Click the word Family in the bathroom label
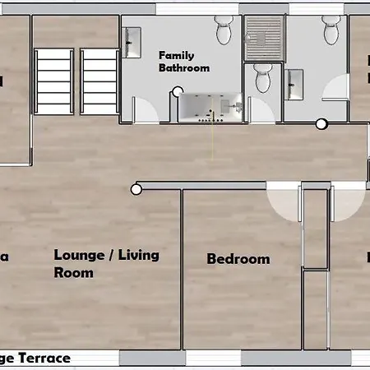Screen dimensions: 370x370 175,55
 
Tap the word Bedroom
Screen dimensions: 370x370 238,259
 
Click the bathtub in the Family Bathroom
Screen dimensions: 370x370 210,107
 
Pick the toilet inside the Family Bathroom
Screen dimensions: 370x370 224,31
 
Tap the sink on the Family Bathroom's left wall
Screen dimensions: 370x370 132,39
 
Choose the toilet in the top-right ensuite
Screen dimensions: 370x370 331,31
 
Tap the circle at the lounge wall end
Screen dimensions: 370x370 136,190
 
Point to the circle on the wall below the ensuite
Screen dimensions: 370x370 321,125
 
